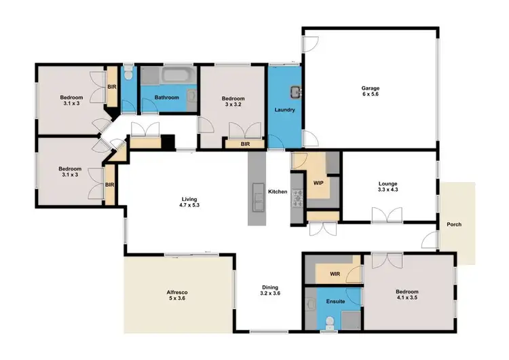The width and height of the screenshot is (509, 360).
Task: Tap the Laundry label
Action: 284,109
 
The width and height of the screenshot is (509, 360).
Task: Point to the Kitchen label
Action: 278,192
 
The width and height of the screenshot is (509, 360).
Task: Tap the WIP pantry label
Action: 318,183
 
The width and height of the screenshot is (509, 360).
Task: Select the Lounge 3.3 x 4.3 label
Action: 388,187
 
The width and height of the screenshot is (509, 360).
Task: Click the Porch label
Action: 453,225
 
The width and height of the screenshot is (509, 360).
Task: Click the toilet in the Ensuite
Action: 329,322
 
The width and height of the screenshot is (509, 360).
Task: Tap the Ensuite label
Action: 335,301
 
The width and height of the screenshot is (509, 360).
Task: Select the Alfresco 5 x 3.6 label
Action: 177,295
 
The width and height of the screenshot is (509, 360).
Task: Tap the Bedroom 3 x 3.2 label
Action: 233,102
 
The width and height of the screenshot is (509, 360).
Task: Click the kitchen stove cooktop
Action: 296,194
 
